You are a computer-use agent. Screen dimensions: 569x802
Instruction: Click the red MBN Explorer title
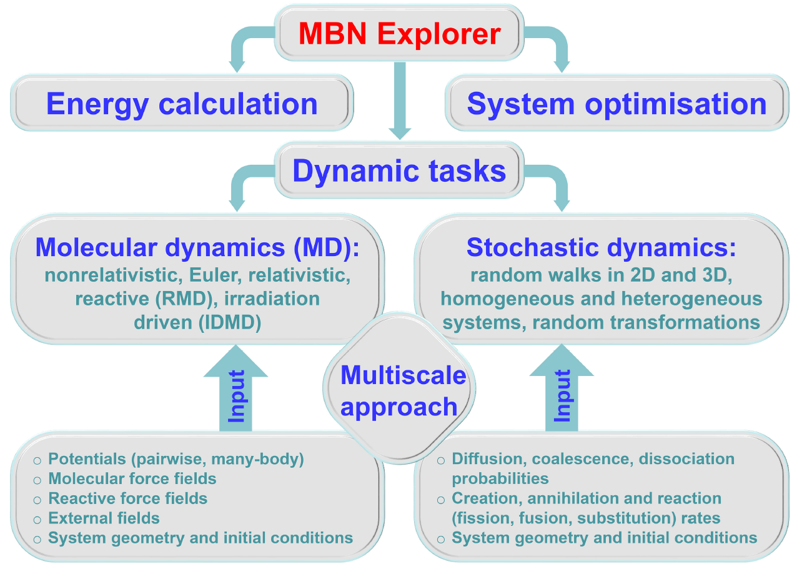400,33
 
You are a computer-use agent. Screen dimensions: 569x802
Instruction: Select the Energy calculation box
182,104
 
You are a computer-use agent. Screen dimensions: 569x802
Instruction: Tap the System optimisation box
616,104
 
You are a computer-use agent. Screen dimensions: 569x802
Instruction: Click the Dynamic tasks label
399,171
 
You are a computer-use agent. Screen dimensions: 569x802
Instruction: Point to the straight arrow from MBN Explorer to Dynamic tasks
400,100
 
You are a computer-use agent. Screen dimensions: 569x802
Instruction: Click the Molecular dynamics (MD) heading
197,247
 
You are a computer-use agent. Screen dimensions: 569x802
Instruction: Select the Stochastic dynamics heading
601,247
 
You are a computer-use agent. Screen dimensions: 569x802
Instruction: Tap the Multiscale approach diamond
400,391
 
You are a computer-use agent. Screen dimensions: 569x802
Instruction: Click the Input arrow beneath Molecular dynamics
236,390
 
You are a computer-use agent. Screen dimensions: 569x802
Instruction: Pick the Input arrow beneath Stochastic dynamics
562,390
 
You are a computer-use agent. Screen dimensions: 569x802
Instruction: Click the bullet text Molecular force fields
132,479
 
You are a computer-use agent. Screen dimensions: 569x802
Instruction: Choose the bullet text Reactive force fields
128,498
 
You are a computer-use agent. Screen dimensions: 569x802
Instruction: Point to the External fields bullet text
104,518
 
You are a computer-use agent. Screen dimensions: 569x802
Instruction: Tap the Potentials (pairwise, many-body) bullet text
176,460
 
